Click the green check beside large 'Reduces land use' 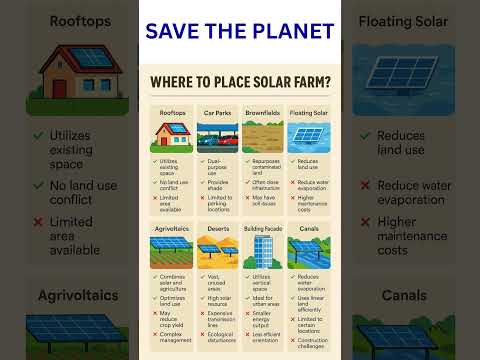tap(367, 134)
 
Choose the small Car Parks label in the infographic tap(216, 113)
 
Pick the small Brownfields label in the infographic tap(263, 113)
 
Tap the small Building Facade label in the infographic tap(264, 229)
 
